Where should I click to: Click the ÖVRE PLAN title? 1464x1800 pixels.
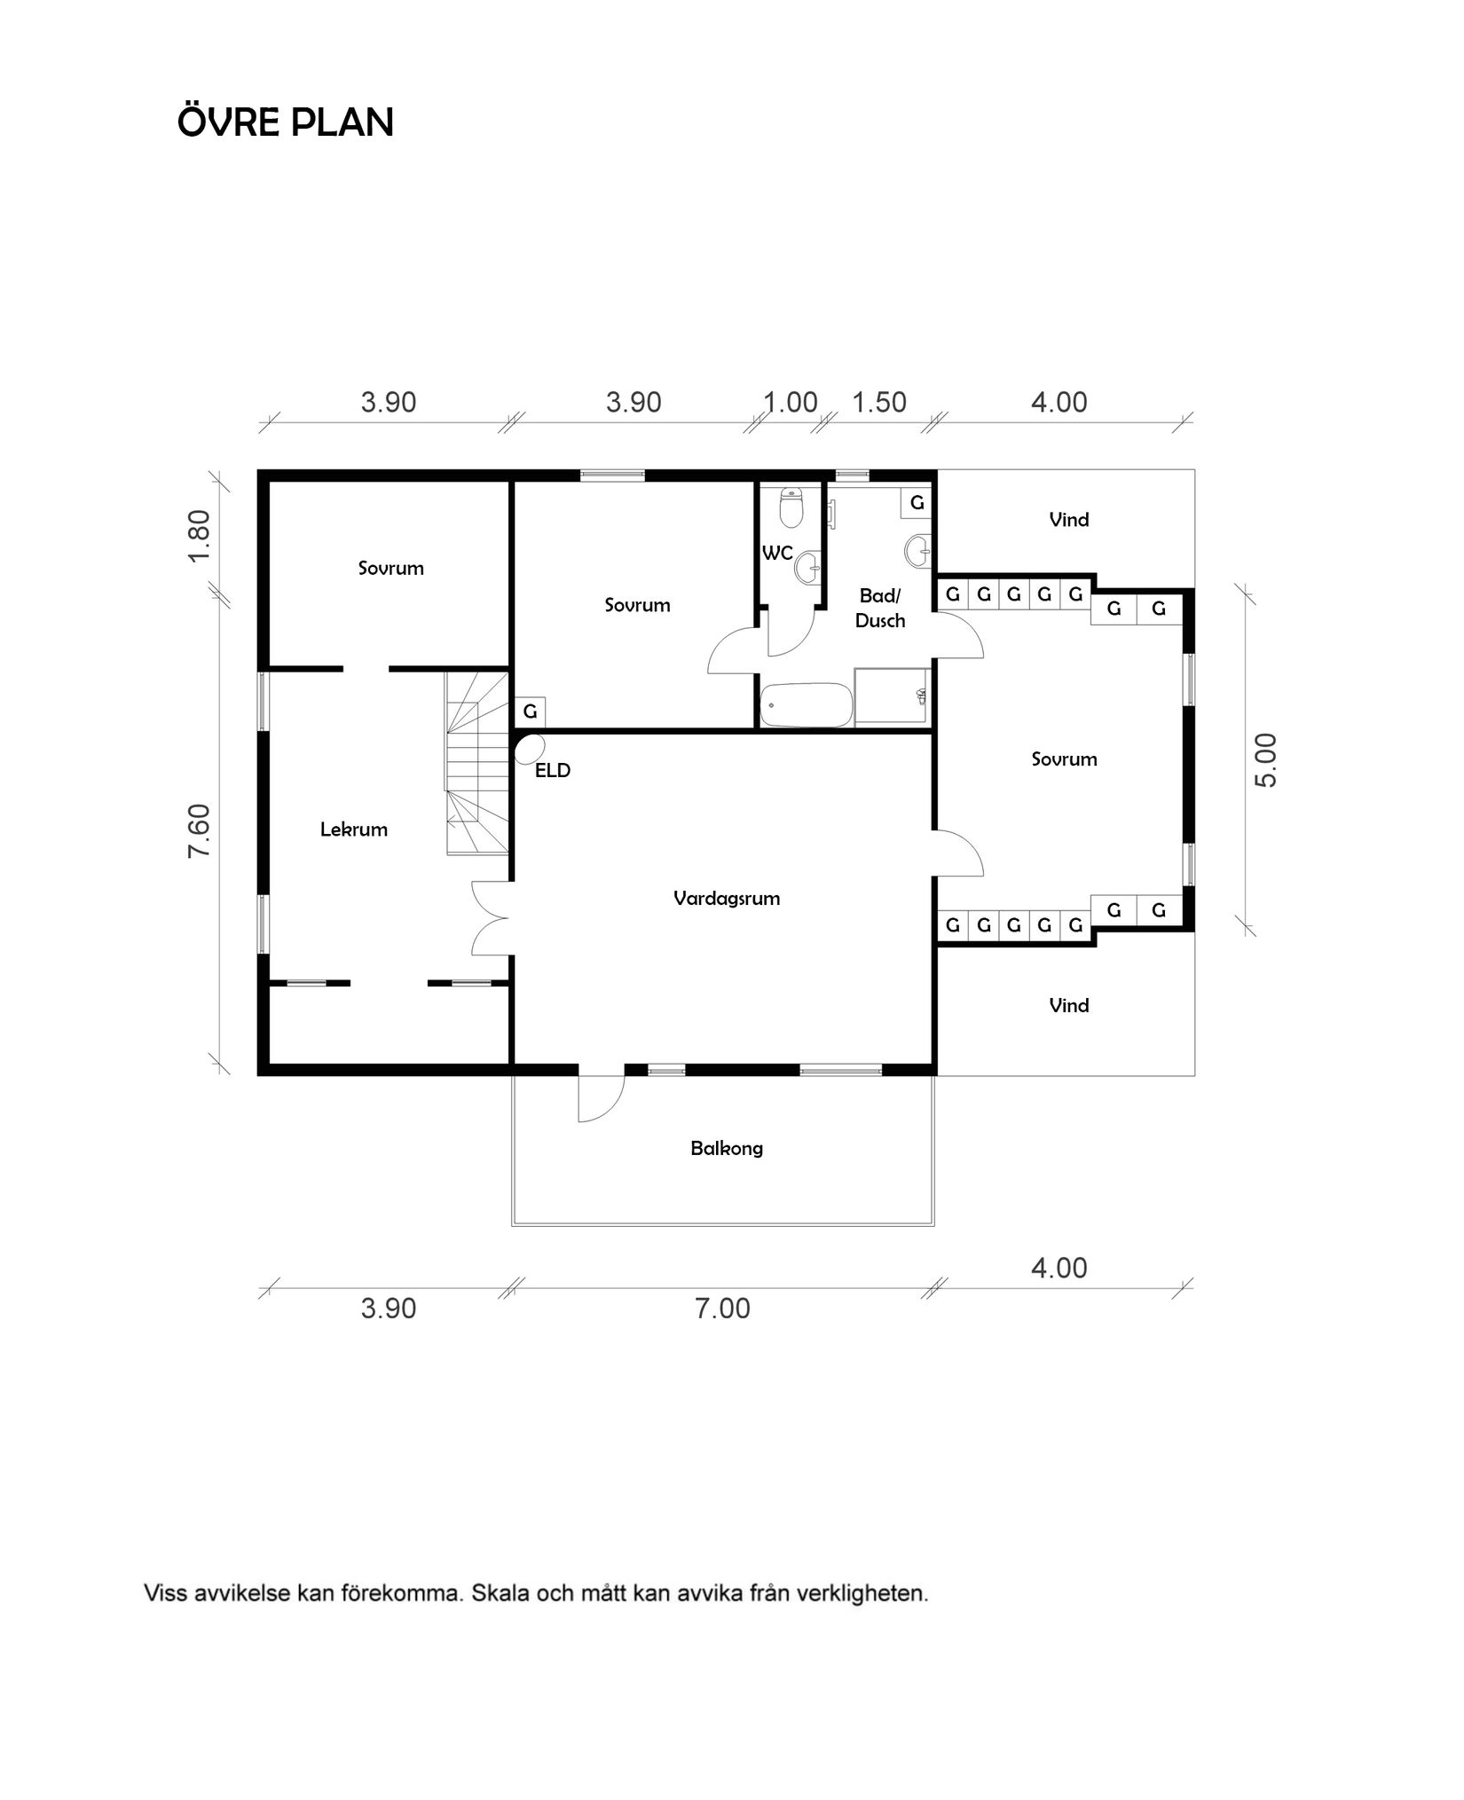286,122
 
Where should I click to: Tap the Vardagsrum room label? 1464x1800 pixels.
727,898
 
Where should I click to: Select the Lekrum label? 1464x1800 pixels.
354,829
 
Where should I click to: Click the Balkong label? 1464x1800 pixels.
727,1148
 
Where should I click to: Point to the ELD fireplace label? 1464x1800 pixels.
553,770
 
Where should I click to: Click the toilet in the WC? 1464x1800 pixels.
791,507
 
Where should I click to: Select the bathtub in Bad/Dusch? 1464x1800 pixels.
807,705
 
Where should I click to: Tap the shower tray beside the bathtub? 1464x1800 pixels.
892,698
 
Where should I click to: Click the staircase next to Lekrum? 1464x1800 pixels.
476,763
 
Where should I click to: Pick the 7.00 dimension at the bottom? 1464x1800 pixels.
722,1309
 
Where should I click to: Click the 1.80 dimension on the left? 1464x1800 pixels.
201,534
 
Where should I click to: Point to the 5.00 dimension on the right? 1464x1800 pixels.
1266,759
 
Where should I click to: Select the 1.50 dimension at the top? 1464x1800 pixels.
879,402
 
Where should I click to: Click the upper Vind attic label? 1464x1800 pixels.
1069,520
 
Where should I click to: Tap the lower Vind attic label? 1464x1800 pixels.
1069,1005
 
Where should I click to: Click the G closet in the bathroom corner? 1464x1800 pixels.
917,503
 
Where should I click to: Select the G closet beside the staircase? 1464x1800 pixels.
531,711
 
